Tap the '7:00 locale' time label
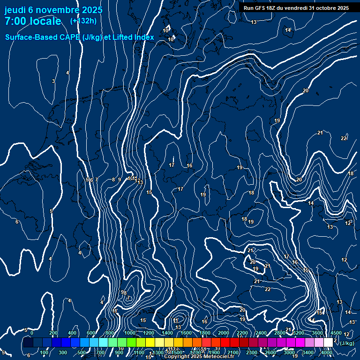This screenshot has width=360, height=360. pyautogui.click(x=33, y=22)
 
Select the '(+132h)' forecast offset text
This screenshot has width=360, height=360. pyautogui.click(x=83, y=21)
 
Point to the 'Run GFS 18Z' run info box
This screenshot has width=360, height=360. pyautogui.click(x=296, y=8)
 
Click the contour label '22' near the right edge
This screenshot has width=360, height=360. pyautogui.click(x=344, y=138)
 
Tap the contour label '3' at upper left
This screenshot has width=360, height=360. pyautogui.click(x=53, y=82)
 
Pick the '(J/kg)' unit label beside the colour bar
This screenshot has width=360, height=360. pyautogui.click(x=346, y=343)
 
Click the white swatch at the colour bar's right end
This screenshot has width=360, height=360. pyautogui.click(x=328, y=343)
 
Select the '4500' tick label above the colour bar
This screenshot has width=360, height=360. pyautogui.click(x=336, y=333)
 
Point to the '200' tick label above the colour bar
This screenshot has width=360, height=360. pyautogui.click(x=53, y=333)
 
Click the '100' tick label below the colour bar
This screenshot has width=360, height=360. pyautogui.click(x=44, y=352)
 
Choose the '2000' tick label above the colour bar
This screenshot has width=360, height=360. pyautogui.click(x=224, y=333)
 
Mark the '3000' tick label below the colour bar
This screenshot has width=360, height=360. pyautogui.click(x=289, y=352)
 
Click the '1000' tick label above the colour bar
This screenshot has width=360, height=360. pyautogui.click(x=130, y=333)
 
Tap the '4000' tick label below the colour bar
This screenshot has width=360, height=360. pyautogui.click(x=327, y=352)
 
